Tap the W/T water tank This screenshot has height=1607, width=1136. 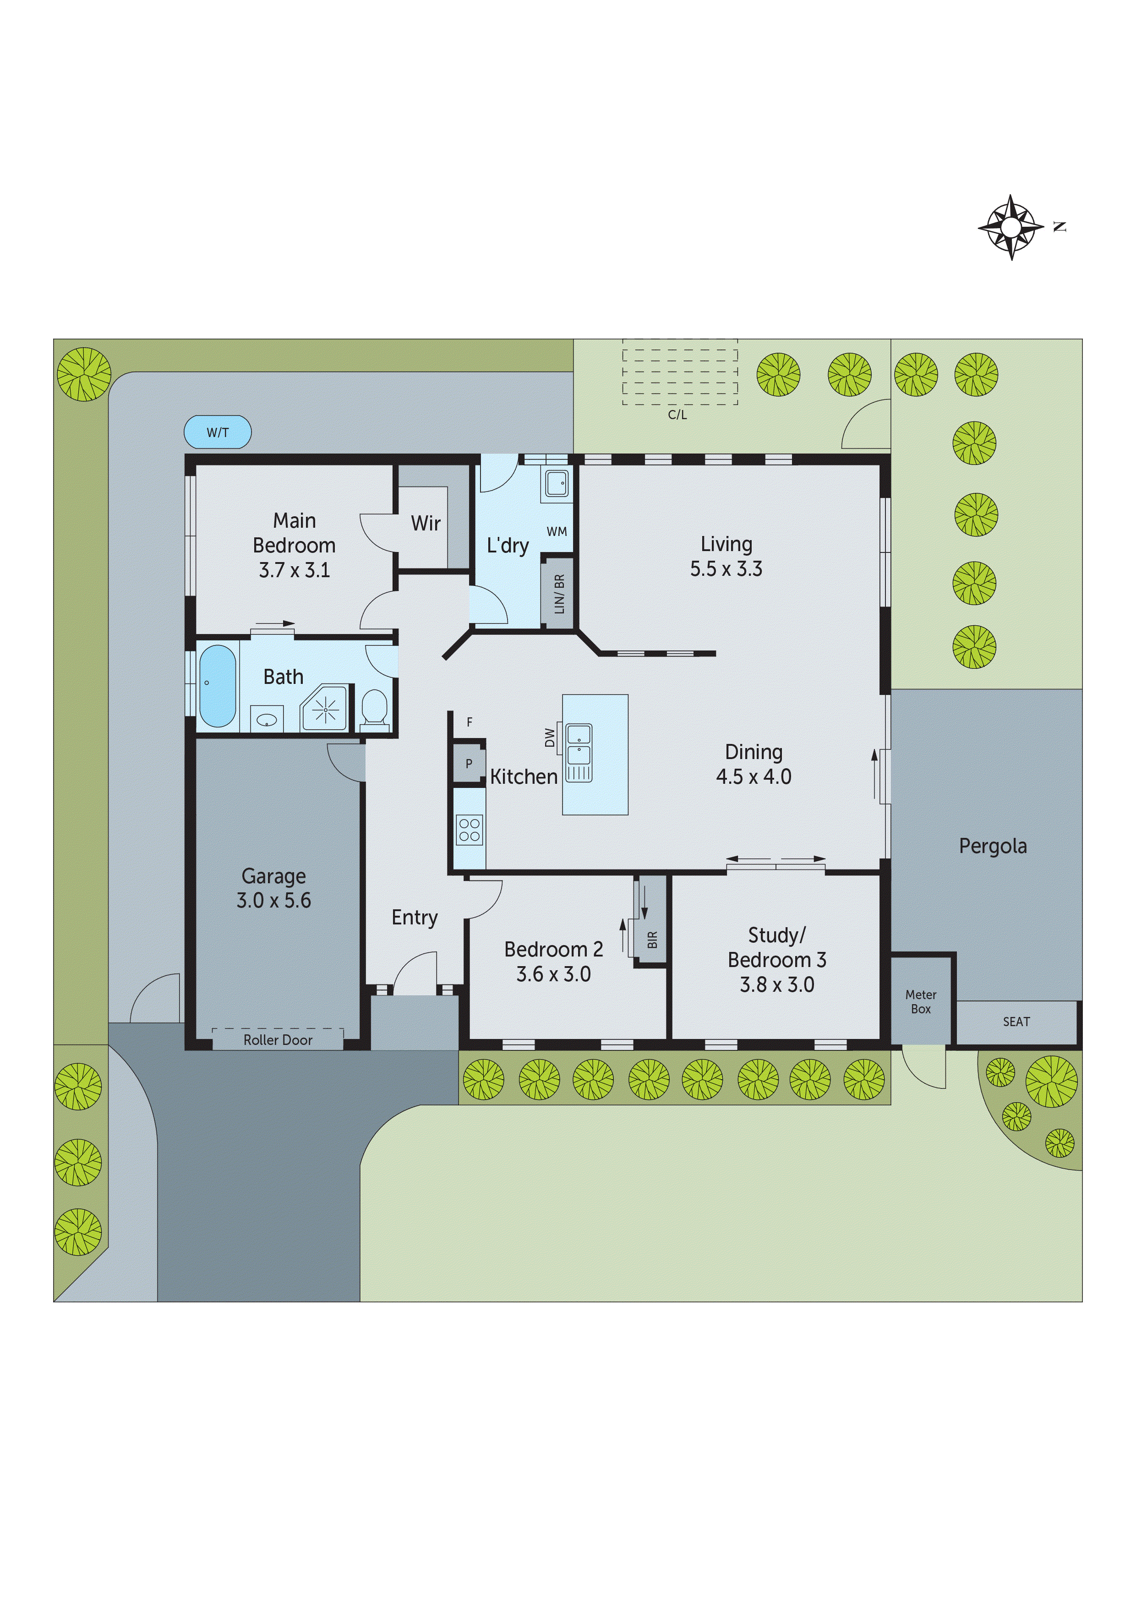coord(217,432)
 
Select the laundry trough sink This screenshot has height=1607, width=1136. coord(557,483)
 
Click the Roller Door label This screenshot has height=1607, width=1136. coord(278,1040)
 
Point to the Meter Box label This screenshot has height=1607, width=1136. coord(920,1001)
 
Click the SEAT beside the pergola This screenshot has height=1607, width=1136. coord(1016,1022)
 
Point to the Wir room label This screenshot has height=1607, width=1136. coord(426,523)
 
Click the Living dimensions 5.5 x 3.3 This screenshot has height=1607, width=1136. coord(726,569)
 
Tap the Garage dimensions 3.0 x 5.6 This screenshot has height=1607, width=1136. coord(273,901)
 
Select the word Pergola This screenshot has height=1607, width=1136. coord(993,846)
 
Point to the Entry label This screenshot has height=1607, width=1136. coord(415,918)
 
